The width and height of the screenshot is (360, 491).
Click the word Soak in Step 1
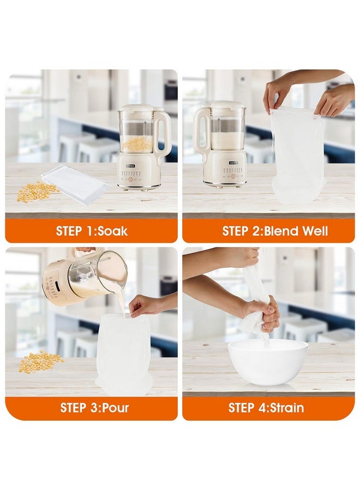point(112,231)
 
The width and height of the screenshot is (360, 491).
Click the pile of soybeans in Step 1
point(38,192)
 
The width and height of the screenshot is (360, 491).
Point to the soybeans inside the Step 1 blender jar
point(136,144)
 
